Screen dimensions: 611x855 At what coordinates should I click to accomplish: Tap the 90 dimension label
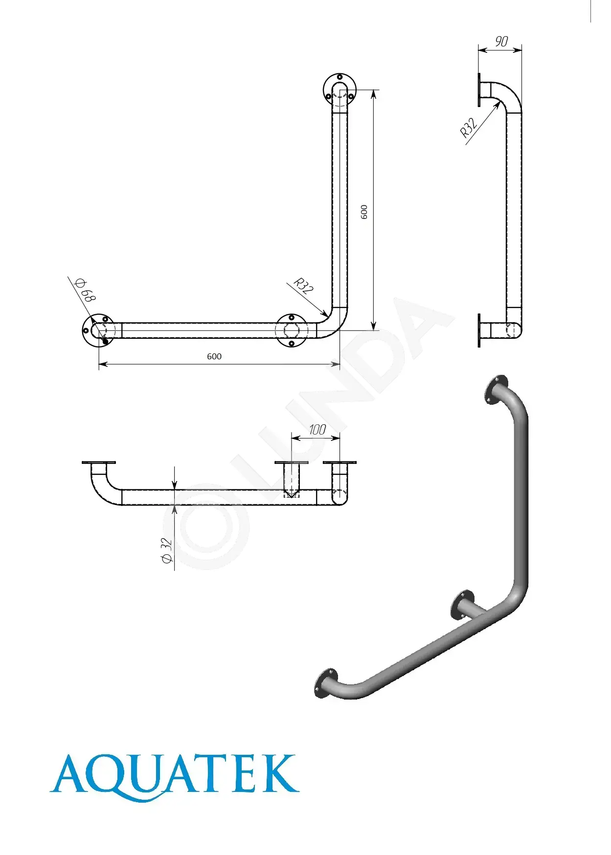point(501,42)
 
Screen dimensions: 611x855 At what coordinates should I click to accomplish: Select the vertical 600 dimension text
point(364,212)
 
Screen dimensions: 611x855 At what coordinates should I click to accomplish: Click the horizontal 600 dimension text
point(214,356)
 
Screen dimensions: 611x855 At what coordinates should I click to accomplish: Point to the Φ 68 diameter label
point(85,290)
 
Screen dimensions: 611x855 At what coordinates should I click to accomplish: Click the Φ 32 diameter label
point(167,550)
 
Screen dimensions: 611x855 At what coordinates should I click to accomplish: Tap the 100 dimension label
point(317,430)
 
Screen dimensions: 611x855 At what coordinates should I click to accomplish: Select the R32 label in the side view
point(468,128)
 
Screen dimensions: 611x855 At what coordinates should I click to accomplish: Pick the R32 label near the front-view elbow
point(303,285)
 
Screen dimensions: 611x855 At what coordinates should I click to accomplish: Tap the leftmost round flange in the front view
point(98,330)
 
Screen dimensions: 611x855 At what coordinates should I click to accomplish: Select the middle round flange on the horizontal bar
point(291,330)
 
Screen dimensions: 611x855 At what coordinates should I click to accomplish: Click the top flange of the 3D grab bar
point(495,390)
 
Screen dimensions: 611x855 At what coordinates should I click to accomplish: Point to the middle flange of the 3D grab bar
point(462,605)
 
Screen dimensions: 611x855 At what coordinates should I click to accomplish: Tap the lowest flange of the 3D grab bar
point(326,683)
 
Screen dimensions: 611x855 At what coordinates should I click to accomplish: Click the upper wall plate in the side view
point(479,90)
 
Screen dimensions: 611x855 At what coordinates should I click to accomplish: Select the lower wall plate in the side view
point(479,330)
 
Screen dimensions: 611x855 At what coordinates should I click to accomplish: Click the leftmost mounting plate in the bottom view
point(99,462)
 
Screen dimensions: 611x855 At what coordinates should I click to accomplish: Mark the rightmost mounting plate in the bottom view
point(339,462)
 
